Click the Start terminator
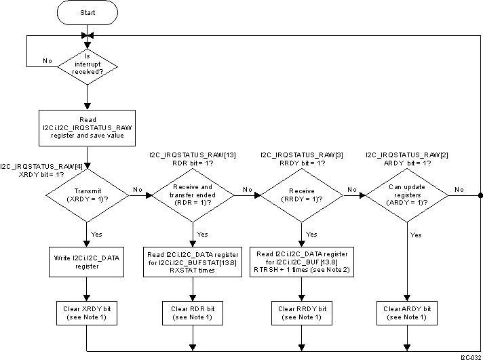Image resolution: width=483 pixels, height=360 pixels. [x=87, y=13]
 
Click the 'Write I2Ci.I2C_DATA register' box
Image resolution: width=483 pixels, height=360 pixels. [x=87, y=262]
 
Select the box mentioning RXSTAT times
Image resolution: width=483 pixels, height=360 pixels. [x=192, y=262]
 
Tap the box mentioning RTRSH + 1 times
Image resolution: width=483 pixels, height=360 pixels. [x=301, y=262]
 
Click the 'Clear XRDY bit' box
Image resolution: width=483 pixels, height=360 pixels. [x=87, y=313]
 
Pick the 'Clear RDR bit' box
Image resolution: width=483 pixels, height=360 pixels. [x=192, y=313]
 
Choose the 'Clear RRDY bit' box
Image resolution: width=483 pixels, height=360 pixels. [x=301, y=313]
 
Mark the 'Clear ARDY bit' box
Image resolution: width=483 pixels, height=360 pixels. [x=406, y=313]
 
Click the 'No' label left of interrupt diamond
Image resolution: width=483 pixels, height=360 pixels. [x=47, y=61]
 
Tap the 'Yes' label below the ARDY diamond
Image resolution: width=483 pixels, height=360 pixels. [x=415, y=235]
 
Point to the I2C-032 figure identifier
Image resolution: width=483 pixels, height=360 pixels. [x=470, y=355]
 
